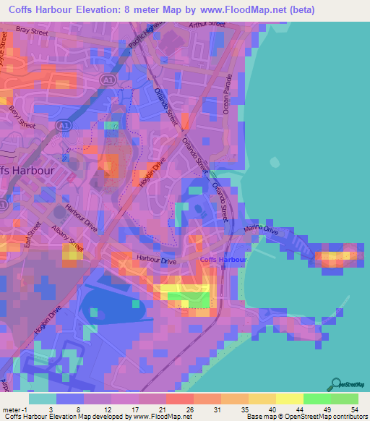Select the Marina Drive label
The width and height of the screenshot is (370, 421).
262,230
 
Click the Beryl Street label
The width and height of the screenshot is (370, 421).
16,112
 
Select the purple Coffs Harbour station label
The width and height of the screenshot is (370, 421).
223,259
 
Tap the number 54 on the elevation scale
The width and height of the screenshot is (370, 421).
354,409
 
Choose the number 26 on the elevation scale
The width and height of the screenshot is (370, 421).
189,409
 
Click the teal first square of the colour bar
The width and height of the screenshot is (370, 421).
43,399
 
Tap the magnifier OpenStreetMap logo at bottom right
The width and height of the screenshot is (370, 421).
335,383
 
